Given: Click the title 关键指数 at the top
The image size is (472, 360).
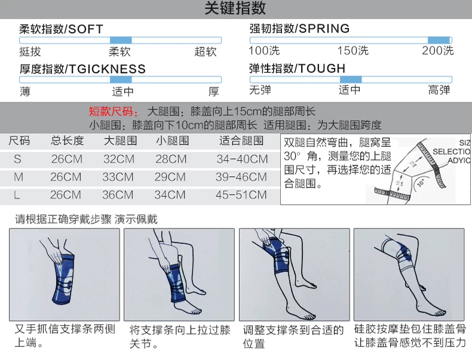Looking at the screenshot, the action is click(x=235, y=9).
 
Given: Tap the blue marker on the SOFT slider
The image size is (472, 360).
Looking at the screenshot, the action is click(x=121, y=40).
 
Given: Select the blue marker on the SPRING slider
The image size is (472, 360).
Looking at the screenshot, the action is click(x=439, y=40).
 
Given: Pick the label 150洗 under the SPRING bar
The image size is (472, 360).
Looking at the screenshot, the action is click(x=353, y=51).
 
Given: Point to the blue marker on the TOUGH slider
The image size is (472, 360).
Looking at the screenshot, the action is click(x=351, y=79).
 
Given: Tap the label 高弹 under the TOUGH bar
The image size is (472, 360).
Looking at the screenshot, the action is click(x=439, y=91).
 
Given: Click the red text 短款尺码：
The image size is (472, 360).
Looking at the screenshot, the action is click(x=114, y=112).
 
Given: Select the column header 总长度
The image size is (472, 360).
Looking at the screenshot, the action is click(x=67, y=141).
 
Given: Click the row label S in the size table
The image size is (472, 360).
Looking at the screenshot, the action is click(x=17, y=159).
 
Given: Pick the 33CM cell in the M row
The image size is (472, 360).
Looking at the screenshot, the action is click(x=118, y=177).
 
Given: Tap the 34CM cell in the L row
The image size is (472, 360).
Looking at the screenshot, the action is click(x=170, y=195).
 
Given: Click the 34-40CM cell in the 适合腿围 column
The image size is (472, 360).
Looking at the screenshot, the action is click(x=242, y=159).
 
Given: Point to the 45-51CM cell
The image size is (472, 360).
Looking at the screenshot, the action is click(x=242, y=195).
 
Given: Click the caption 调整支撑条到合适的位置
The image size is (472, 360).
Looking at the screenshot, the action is click(x=293, y=337).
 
